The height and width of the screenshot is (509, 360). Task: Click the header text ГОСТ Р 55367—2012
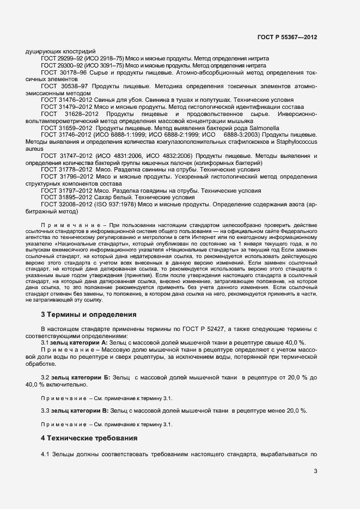click(x=287, y=37)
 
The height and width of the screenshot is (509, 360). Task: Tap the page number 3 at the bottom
click(x=315, y=471)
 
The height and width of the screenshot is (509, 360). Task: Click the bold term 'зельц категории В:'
click(x=80, y=410)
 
